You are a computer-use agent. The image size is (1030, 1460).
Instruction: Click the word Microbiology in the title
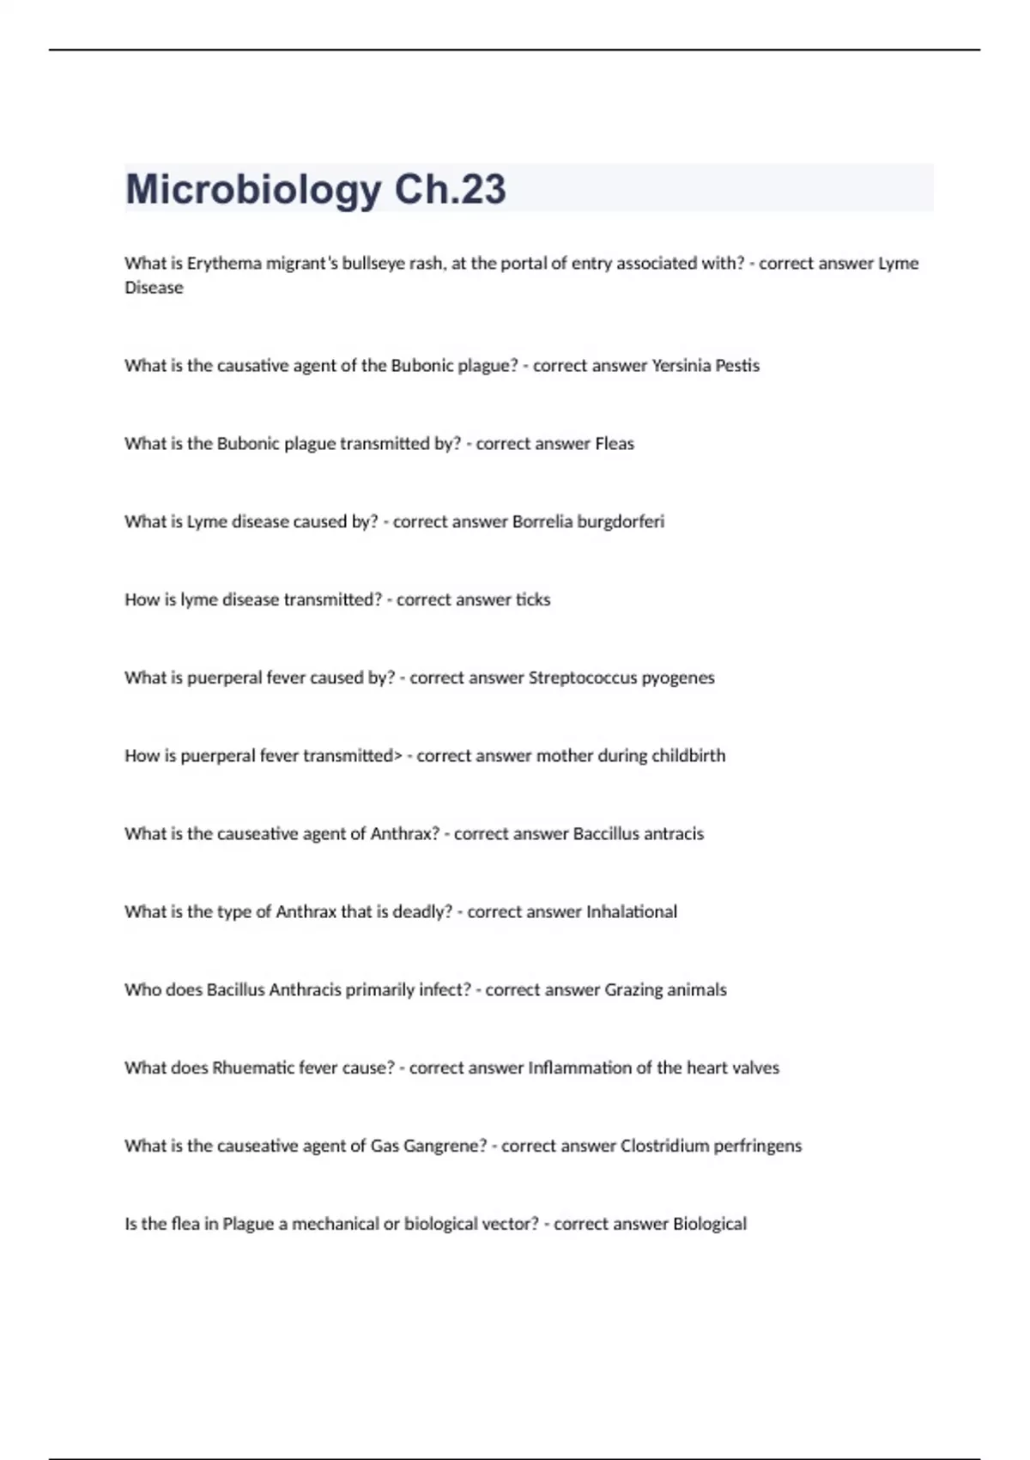[x=253, y=190]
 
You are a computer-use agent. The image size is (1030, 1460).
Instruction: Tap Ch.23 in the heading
[x=450, y=190]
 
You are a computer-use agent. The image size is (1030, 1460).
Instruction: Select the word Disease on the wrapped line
[x=154, y=288]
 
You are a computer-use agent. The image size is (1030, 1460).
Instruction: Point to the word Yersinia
[x=682, y=366]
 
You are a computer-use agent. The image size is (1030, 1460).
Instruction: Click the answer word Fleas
[x=615, y=444]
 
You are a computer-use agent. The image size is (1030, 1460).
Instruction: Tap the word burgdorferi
[x=621, y=522]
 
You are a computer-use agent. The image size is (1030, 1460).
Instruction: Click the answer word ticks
[x=533, y=600]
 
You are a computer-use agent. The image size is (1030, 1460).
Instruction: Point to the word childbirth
[x=688, y=757]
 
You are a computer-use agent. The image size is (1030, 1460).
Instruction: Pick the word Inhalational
[x=631, y=912]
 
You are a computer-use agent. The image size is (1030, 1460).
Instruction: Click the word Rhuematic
[x=253, y=1068]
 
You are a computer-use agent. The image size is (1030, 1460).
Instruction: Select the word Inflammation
[x=579, y=1068]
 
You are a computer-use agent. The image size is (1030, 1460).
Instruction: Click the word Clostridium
[x=664, y=1147]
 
